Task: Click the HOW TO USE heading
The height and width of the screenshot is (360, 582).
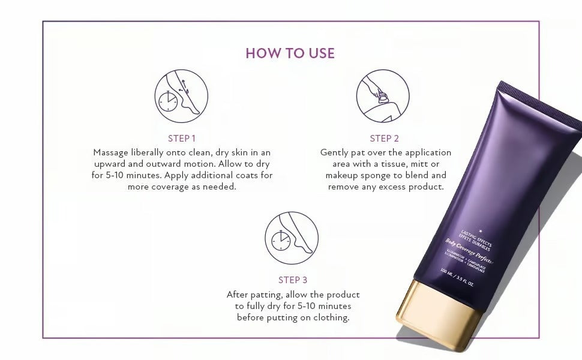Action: (290, 53)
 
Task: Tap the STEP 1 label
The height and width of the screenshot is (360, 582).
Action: (182, 138)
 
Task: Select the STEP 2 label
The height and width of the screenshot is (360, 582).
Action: (384, 138)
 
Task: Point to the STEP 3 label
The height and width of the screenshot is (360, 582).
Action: (293, 280)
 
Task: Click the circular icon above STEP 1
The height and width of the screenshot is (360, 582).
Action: (181, 96)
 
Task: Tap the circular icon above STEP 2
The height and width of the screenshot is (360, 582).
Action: (383, 96)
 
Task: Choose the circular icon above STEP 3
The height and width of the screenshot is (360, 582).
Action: (292, 238)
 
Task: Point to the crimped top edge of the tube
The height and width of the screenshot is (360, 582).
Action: (540, 99)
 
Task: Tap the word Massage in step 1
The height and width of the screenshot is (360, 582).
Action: (111, 152)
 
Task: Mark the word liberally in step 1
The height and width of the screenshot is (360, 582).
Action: (152, 152)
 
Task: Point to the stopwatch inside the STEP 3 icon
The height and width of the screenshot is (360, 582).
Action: (280, 240)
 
